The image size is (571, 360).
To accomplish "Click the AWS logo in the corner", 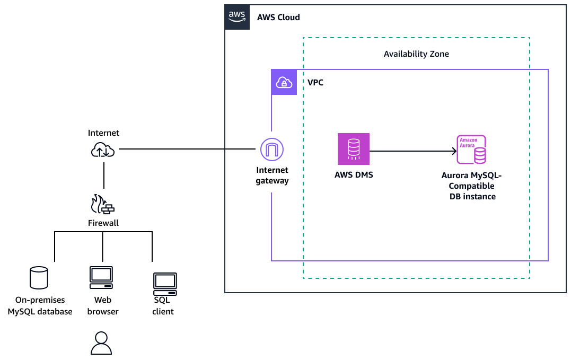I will coord(237,17).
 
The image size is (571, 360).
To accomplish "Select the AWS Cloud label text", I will coord(278,17).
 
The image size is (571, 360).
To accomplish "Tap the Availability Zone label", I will coord(416,54).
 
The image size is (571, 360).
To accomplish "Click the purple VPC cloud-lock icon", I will coord(284,82).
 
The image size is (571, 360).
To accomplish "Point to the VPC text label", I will coord(315,83).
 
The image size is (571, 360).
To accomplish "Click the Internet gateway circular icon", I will coord(272,150).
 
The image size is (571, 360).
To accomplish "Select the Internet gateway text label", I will coord(272,175).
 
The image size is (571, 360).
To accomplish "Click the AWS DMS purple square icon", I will coord(353,149).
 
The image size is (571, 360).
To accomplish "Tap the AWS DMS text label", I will coord(353,175).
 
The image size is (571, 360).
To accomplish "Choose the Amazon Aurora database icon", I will coord(471,150).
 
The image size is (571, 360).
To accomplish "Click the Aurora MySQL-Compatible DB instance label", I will coord(471,186).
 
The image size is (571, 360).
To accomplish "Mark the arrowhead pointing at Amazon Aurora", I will coord(454,152).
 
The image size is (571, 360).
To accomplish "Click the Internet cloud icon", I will coord(103,151).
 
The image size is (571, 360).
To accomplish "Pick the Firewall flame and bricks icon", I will coord(103,204).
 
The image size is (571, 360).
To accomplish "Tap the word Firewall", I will coord(103,223).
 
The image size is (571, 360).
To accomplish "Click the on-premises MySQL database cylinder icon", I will coord(39,277).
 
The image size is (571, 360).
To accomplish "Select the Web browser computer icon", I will coord(101,277).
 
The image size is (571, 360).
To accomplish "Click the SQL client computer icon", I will coord(164,284).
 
